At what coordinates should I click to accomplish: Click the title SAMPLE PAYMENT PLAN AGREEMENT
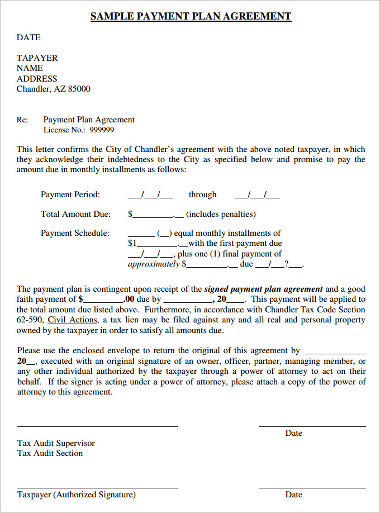tap(191, 16)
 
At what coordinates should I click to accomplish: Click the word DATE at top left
tap(28, 37)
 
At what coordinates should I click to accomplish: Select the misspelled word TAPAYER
tap(37, 58)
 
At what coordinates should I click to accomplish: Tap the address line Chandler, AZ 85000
tap(53, 89)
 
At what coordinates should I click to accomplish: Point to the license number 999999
tap(102, 130)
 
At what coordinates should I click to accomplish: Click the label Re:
tap(22, 120)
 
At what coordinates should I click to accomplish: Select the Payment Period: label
tap(70, 194)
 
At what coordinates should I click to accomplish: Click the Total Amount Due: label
tap(75, 214)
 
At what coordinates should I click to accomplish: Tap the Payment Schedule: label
tap(75, 233)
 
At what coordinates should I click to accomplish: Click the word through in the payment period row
tap(202, 194)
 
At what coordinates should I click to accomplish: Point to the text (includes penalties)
tap(221, 214)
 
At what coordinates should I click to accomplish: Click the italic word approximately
tap(154, 264)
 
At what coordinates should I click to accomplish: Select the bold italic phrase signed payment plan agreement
tap(263, 289)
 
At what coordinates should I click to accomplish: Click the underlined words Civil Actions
tap(73, 320)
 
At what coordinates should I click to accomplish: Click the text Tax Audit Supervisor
tap(56, 443)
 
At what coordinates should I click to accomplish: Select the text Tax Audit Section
tap(50, 453)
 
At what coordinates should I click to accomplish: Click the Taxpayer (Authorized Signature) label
tap(76, 495)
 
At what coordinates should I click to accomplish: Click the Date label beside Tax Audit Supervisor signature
tap(293, 433)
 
